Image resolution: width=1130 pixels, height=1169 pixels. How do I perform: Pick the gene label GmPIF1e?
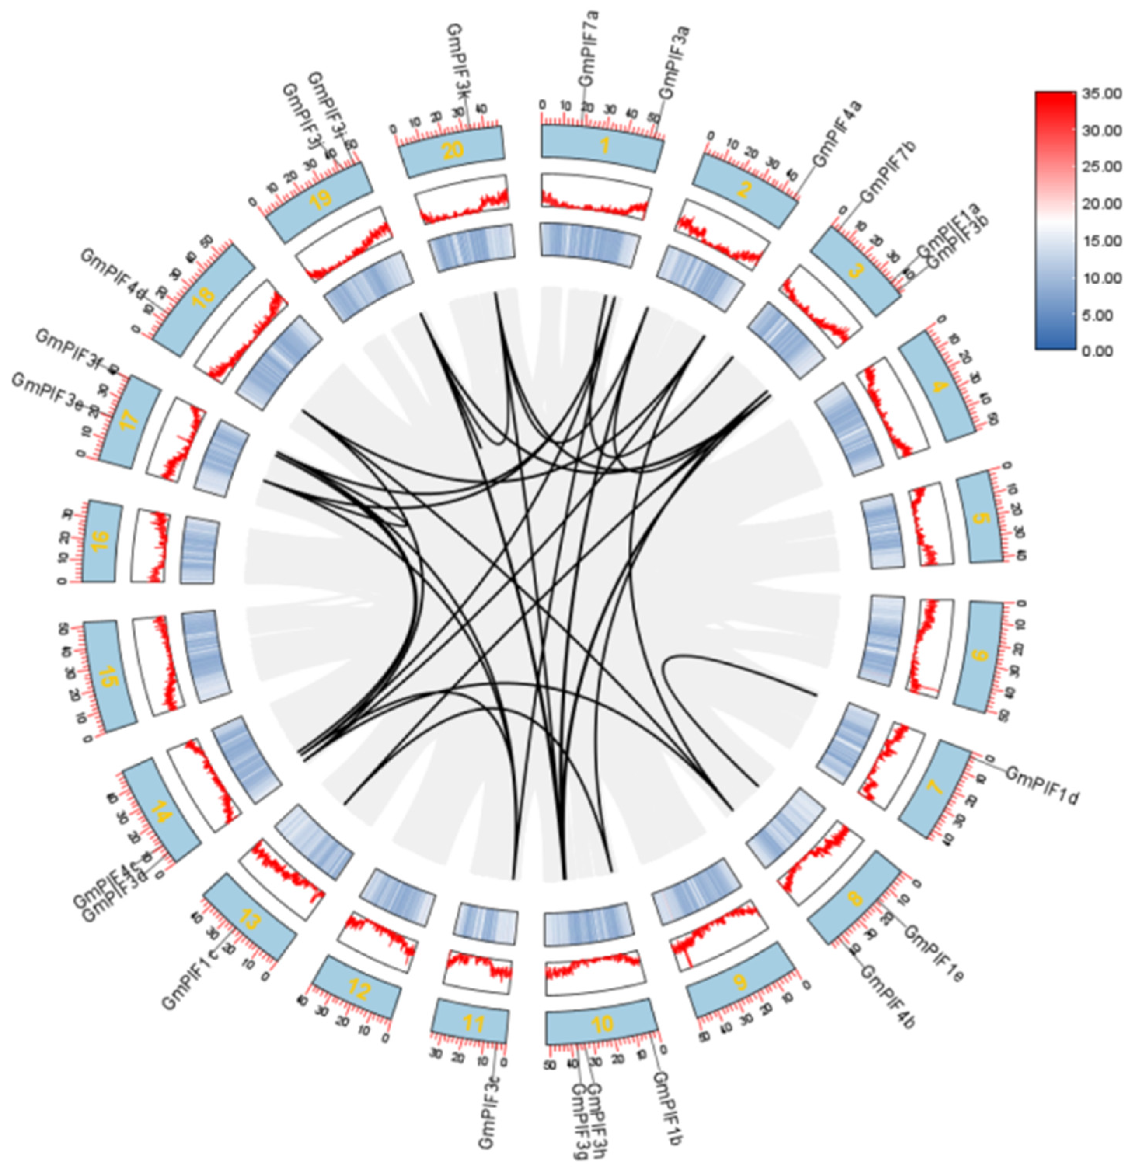pyautogui.click(x=934, y=952)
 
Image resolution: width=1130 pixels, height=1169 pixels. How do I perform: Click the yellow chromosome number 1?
pyautogui.click(x=605, y=145)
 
